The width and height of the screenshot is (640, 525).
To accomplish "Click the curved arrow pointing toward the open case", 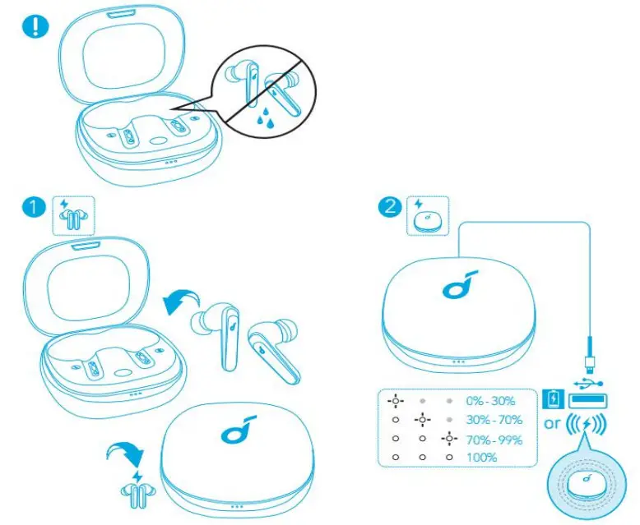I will (180, 303).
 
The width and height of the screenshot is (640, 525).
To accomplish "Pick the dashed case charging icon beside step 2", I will (428, 216).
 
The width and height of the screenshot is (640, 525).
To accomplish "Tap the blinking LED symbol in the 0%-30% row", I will (397, 402).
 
